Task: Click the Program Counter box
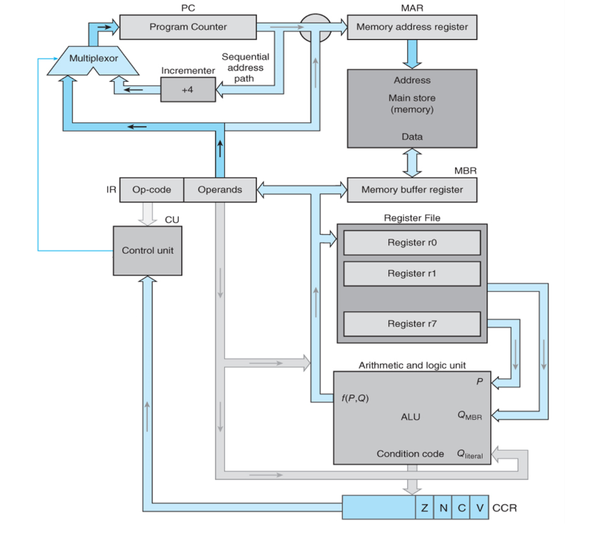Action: pyautogui.click(x=188, y=27)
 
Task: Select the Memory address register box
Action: pyautogui.click(x=412, y=27)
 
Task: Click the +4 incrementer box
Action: pyautogui.click(x=188, y=89)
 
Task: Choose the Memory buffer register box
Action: pyautogui.click(x=412, y=190)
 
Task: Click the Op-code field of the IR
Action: pyautogui.click(x=152, y=190)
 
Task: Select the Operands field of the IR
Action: pyautogui.click(x=220, y=190)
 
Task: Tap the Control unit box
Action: pyautogui.click(x=148, y=250)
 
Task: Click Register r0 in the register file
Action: pyautogui.click(x=412, y=243)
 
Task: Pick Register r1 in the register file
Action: pyautogui.click(x=412, y=273)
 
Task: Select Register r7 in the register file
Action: pyautogui.click(x=412, y=324)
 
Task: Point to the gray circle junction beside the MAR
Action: pyautogui.click(x=315, y=28)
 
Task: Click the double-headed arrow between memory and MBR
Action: pyautogui.click(x=412, y=162)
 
